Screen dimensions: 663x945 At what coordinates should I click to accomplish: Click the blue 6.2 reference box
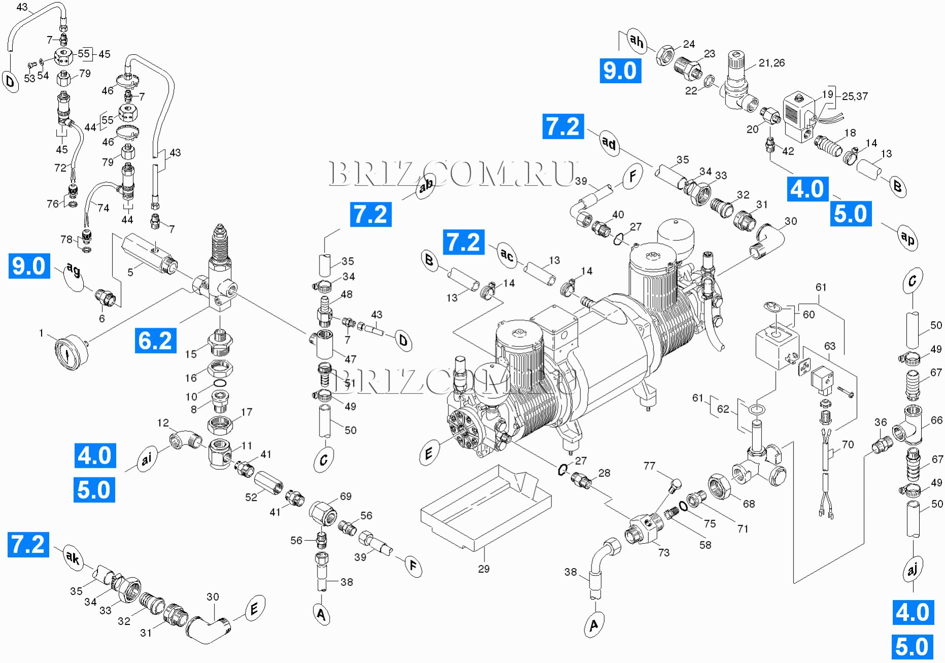(156, 340)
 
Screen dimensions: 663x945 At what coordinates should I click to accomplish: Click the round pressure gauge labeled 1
(69, 352)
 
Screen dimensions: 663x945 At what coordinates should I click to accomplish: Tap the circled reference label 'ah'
(636, 41)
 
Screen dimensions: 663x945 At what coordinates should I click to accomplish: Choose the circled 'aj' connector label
(912, 570)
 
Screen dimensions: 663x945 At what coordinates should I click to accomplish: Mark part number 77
(649, 466)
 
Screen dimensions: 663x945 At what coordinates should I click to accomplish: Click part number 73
(663, 552)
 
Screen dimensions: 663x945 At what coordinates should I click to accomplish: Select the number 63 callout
(829, 346)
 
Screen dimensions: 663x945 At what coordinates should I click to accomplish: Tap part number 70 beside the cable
(848, 444)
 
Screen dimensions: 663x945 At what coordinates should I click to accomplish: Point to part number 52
(251, 497)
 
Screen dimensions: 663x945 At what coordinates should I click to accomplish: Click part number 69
(345, 496)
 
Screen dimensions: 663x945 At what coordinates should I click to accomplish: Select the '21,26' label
(772, 63)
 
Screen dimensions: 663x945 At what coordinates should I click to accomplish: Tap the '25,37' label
(855, 96)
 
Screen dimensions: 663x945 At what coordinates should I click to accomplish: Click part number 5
(130, 272)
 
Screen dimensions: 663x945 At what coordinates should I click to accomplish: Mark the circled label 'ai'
(147, 460)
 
